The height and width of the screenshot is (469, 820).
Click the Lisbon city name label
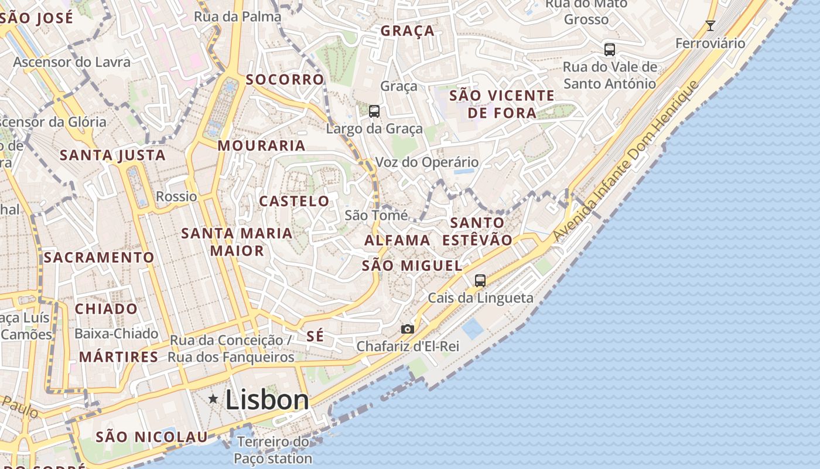point(267,400)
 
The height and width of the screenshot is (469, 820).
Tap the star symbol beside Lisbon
point(213,399)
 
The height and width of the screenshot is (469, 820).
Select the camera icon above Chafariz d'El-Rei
point(408,329)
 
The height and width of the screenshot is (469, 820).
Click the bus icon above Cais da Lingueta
point(480,281)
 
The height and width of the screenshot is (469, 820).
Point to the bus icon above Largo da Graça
point(374,111)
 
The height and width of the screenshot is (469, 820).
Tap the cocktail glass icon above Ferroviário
point(710,26)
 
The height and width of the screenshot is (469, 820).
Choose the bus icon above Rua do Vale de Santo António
point(610,50)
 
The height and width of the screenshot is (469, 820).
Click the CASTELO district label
point(295,201)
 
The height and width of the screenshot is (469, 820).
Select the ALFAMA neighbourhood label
point(398,240)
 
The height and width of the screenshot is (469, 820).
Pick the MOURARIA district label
point(262,145)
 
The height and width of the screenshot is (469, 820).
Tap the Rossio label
point(177,196)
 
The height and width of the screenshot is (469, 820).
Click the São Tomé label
point(376,215)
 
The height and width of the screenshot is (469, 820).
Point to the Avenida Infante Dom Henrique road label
point(626,161)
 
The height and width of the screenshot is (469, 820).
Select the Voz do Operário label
point(427,162)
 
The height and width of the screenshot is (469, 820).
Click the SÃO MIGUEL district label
point(412,266)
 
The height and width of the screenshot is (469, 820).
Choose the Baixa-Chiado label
point(117,334)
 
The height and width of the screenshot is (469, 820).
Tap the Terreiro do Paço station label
point(273,450)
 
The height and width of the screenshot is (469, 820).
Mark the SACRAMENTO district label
point(99,257)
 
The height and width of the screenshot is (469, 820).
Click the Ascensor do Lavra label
point(72,62)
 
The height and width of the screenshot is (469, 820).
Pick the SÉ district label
point(315,336)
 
